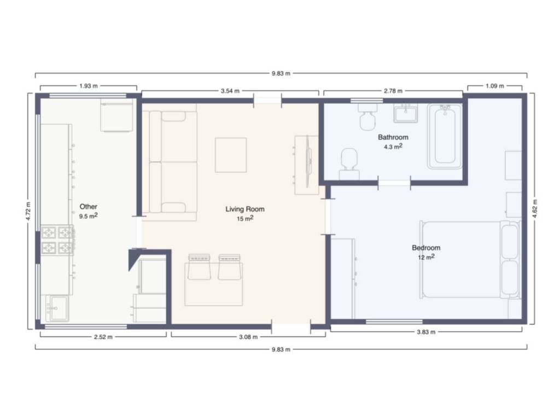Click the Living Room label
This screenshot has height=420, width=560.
[245, 209]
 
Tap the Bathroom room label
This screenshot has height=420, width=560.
[393, 137]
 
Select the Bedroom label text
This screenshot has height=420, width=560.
[426, 248]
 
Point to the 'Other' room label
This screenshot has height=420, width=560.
[88, 206]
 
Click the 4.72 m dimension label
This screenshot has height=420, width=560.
[28, 212]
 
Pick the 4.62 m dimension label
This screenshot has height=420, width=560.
[535, 208]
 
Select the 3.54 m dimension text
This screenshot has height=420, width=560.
[230, 91]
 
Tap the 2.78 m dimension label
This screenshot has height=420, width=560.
[393, 91]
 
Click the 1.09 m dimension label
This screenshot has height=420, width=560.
[494, 86]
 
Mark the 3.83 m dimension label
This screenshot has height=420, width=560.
[426, 332]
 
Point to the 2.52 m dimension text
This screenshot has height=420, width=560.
[103, 337]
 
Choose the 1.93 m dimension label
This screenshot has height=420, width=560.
[88, 86]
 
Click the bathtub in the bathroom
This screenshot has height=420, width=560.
[445, 136]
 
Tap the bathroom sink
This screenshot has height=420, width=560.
[406, 113]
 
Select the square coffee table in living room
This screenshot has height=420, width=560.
[231, 155]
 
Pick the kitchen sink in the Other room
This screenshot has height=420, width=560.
[57, 308]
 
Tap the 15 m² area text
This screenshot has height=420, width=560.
[245, 218]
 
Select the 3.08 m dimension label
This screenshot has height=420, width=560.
[248, 337]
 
